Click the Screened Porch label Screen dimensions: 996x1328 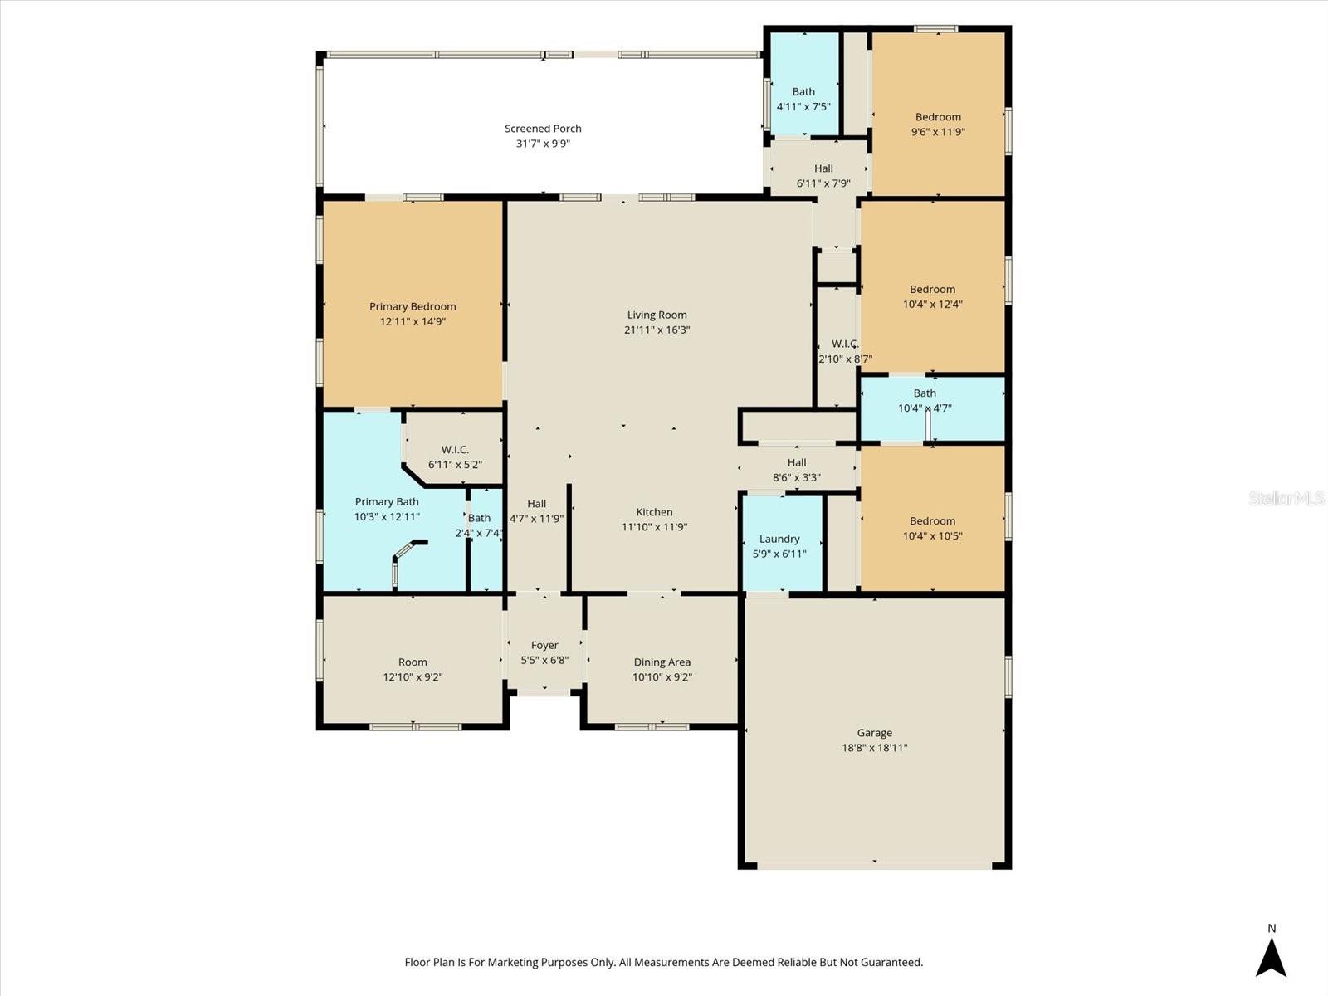(x=543, y=129)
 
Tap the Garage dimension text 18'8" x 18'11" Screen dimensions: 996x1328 (x=874, y=748)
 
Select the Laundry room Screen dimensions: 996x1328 (x=779, y=545)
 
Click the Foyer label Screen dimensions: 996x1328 (x=544, y=645)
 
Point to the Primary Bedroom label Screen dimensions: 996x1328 (x=413, y=306)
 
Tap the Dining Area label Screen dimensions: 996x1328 (x=662, y=662)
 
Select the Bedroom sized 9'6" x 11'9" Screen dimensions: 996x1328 (x=938, y=124)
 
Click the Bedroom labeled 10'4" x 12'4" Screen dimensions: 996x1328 (x=932, y=296)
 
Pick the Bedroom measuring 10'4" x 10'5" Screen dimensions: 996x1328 (x=932, y=528)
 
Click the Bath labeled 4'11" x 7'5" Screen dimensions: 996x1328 (x=803, y=99)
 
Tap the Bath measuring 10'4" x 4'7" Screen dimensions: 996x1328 (x=925, y=401)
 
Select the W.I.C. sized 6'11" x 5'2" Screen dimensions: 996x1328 (x=455, y=456)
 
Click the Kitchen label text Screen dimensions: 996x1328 (x=654, y=512)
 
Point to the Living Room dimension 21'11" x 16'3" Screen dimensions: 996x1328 (x=657, y=330)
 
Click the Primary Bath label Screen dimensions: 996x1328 (x=387, y=501)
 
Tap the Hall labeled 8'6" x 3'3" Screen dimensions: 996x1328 (x=797, y=470)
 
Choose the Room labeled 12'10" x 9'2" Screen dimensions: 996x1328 (x=413, y=669)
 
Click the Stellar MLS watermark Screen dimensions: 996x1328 (x=1286, y=498)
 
